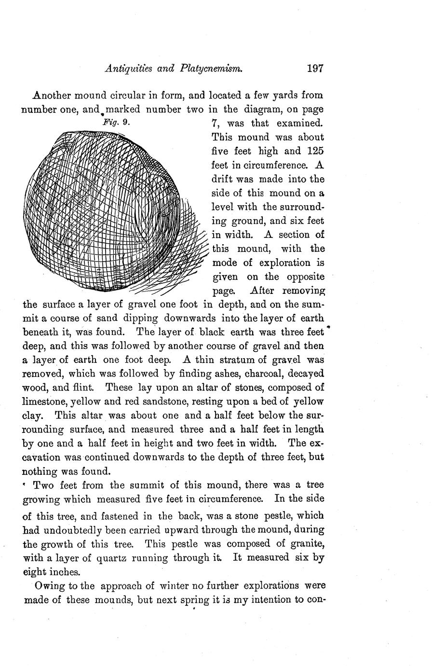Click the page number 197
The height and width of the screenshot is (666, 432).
point(314,69)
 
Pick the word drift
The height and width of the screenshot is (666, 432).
point(224,179)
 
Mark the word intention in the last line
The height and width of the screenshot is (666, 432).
point(280,600)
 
